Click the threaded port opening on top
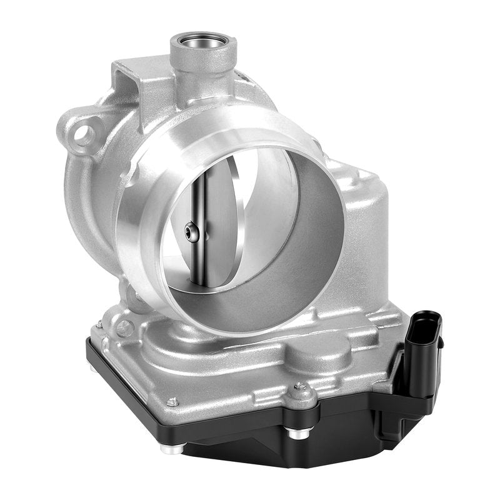pyautogui.click(x=204, y=47)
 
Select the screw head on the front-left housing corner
pyautogui.click(x=172, y=402)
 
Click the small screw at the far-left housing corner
pyautogui.click(x=99, y=324)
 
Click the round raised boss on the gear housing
pyautogui.click(x=319, y=357)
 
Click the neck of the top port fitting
pyautogui.click(x=203, y=78)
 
